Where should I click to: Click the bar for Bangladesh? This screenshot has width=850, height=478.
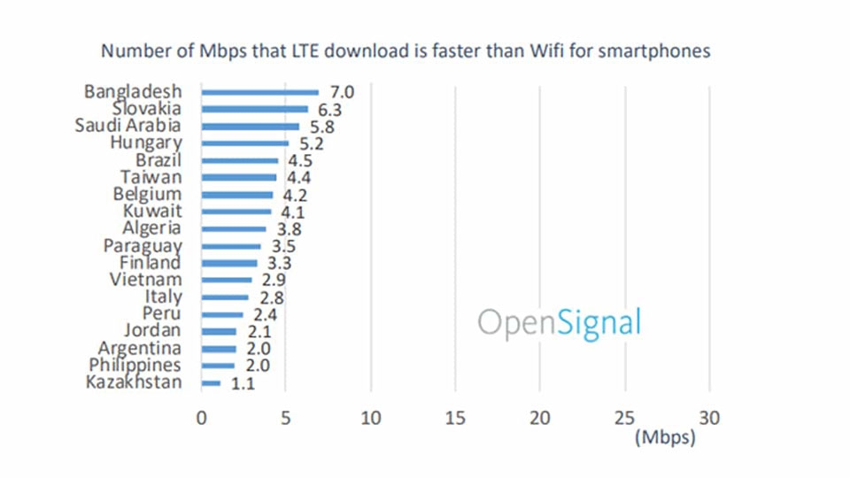point(259,92)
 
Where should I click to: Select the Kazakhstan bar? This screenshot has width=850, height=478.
point(211,383)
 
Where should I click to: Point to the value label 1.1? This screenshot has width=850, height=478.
point(241,383)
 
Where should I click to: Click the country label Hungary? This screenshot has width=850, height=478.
point(146,143)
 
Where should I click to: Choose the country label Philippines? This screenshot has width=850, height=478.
point(135,366)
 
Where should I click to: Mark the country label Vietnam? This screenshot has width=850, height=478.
point(145,280)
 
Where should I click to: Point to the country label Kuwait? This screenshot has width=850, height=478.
point(153,212)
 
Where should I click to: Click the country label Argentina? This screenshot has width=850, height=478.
point(140,348)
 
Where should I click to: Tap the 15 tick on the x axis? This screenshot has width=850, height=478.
point(455,418)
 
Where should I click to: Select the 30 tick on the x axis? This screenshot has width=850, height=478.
point(709,418)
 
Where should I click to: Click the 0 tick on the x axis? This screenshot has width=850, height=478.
point(201,418)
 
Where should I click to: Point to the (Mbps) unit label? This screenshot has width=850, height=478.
point(664,438)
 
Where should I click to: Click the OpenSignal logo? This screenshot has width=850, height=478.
point(559,323)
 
